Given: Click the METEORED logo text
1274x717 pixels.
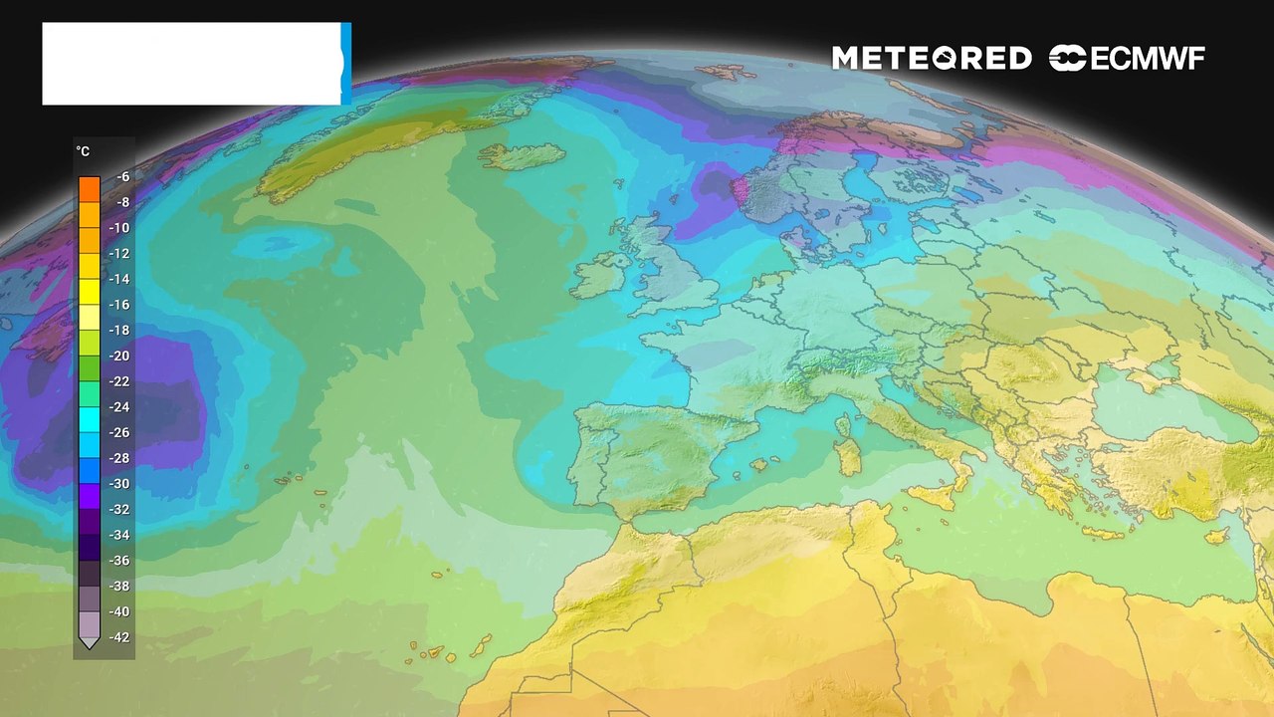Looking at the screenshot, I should (x=932, y=59).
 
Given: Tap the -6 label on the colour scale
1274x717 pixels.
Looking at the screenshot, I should (x=122, y=177).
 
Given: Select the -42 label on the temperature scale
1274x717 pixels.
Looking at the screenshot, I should (x=119, y=637).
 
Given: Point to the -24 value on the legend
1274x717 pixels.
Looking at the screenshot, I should (x=119, y=407).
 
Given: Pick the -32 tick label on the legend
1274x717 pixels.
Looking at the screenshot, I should (x=119, y=510).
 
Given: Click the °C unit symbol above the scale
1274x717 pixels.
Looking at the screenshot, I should (x=83, y=151).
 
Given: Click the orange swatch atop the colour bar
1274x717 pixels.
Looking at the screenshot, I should (x=90, y=187).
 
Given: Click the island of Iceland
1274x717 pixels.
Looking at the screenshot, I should (x=520, y=156).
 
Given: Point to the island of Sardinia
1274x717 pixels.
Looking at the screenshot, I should (x=849, y=456).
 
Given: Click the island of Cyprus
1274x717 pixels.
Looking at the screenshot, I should (x=1216, y=535).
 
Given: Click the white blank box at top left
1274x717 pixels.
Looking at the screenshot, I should (x=191, y=64).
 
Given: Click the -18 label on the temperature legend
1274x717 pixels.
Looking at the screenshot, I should (x=119, y=331).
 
